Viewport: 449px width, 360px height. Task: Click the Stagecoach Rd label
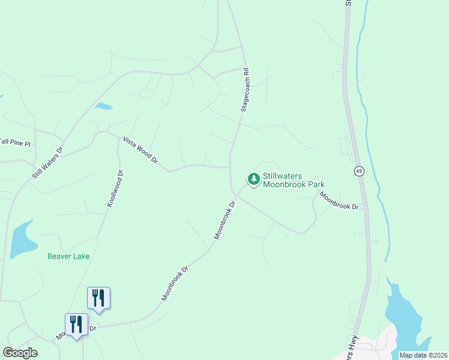(245, 89)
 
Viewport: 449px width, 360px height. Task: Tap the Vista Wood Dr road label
(140, 150)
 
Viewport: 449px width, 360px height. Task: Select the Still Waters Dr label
(47, 163)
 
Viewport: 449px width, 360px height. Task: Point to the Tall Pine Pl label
(14, 142)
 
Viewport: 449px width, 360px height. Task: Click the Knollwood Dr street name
(115, 189)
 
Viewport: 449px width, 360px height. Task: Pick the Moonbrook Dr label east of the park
(339, 200)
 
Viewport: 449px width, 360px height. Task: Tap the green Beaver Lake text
(68, 256)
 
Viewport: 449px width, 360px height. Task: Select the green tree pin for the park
(253, 179)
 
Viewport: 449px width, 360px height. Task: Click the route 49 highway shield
(358, 171)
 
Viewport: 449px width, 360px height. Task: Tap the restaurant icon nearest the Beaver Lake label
(98, 298)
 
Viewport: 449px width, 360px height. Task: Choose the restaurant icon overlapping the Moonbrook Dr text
(76, 324)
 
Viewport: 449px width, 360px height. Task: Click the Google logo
(20, 353)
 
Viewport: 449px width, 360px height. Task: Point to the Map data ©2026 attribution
(423, 355)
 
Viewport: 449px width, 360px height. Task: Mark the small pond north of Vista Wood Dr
(103, 107)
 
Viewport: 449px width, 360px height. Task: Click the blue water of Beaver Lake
(21, 239)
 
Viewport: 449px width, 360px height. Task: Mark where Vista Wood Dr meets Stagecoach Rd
(230, 167)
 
